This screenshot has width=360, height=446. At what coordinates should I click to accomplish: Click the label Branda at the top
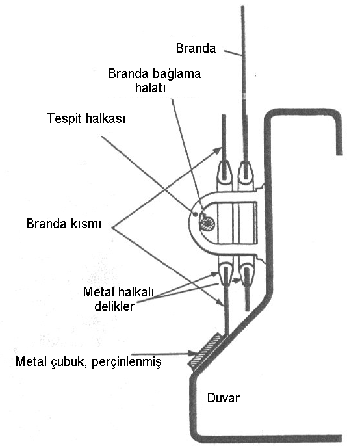[196, 48]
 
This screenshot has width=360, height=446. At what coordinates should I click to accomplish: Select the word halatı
[150, 88]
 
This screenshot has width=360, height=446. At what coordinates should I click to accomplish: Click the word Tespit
[64, 118]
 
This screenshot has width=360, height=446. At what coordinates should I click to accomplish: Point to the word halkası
[105, 118]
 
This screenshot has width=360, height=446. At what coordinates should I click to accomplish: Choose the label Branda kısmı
[64, 224]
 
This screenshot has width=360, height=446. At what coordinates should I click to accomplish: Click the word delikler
[114, 306]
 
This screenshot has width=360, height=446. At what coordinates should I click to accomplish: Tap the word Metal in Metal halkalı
[98, 292]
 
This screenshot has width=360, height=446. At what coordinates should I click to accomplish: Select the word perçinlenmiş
[127, 362]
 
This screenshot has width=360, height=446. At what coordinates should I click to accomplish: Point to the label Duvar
[224, 398]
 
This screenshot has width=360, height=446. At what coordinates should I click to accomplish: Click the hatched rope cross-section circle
[207, 224]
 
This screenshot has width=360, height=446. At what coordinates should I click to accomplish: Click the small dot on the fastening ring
[195, 215]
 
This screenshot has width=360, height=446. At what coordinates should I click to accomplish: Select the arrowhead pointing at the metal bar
[192, 354]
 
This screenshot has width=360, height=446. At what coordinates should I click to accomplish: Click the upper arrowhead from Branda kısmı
[218, 150]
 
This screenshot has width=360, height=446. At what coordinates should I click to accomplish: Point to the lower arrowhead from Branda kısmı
[220, 302]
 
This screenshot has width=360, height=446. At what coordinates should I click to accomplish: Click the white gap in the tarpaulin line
[244, 96]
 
